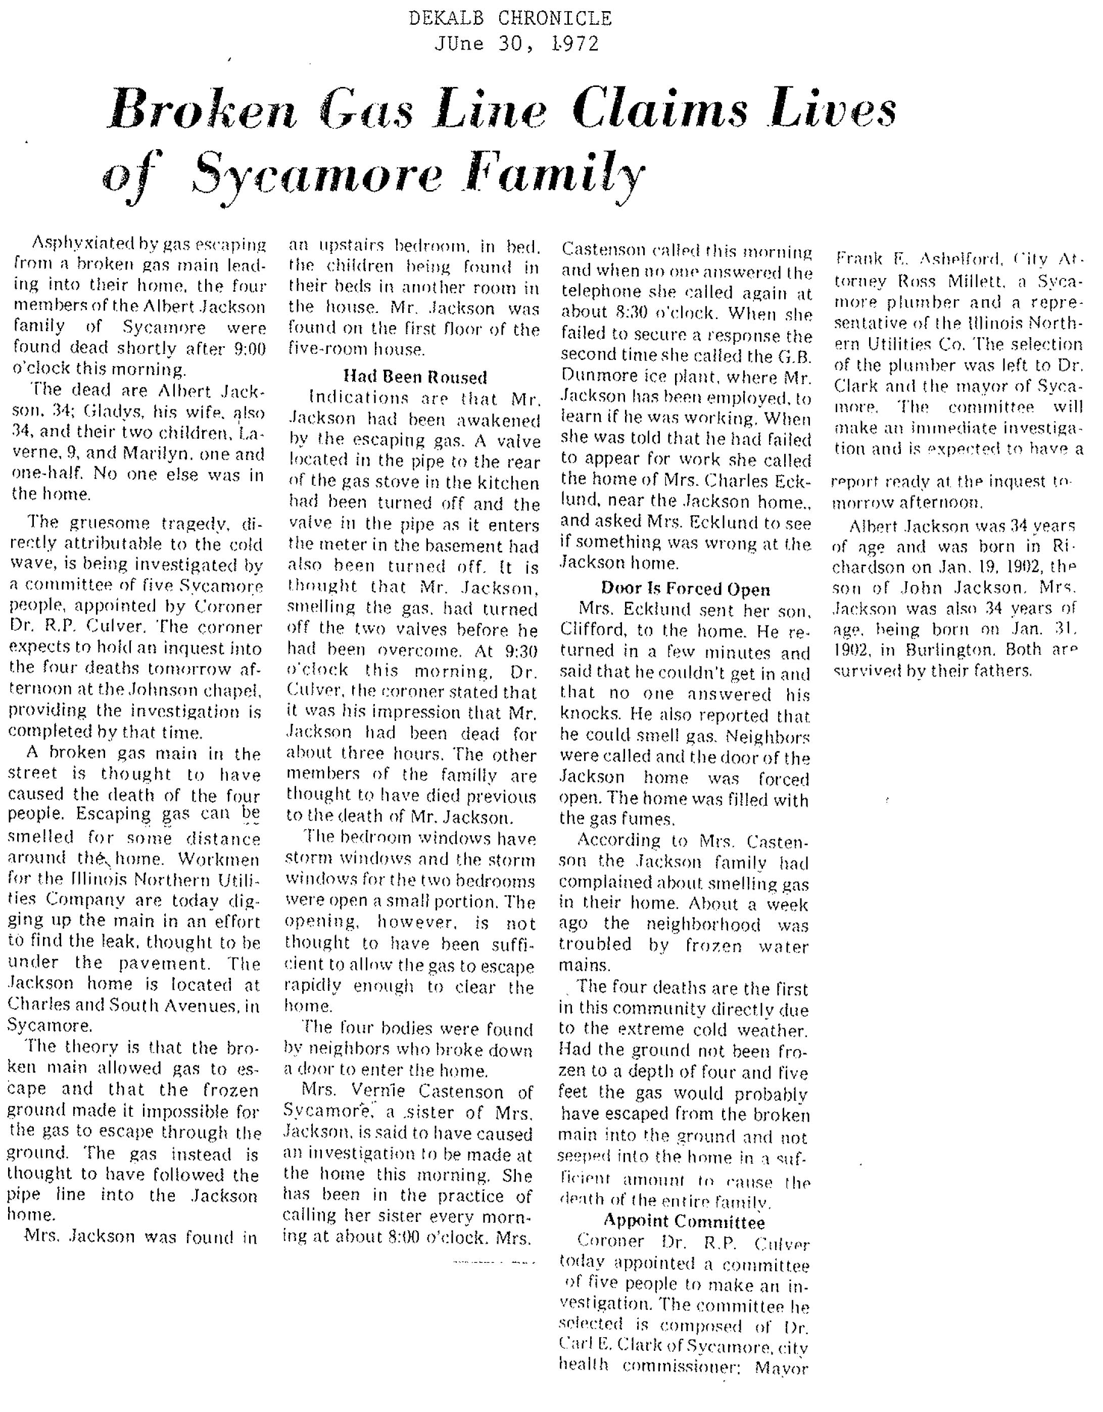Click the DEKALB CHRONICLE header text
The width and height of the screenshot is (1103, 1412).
coord(510,18)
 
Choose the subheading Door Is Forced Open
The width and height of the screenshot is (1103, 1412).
coord(686,589)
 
